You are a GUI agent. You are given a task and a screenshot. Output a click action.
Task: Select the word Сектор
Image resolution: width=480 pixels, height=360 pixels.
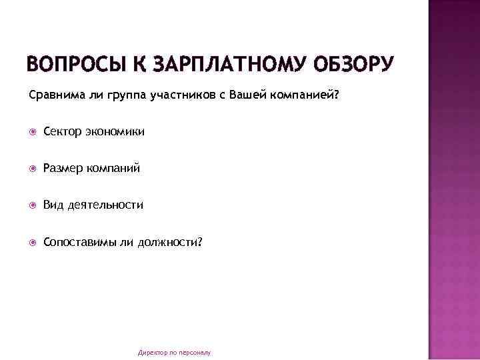(x=63, y=131)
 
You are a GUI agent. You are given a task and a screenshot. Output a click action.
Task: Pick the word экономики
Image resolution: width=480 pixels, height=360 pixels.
(x=115, y=131)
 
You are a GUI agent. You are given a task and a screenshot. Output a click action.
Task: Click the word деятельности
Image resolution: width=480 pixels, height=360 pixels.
(x=105, y=205)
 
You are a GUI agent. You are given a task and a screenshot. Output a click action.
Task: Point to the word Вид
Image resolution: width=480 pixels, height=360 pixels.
(x=53, y=205)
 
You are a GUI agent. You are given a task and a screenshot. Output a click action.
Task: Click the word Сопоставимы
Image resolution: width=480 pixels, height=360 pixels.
(x=79, y=242)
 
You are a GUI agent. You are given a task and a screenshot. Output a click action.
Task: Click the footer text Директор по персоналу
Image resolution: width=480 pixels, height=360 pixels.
(x=174, y=351)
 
